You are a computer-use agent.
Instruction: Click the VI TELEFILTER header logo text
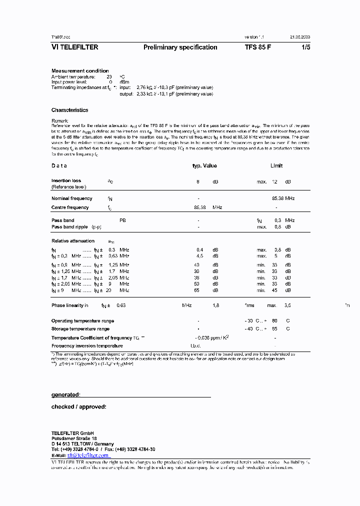(x=75, y=47)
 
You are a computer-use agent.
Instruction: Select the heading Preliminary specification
(x=180, y=47)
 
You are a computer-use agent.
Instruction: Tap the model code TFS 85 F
(x=258, y=47)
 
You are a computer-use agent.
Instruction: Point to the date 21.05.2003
(x=300, y=37)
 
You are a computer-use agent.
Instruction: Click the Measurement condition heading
(x=80, y=71)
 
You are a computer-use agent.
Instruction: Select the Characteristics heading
(x=69, y=110)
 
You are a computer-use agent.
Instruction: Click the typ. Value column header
(x=204, y=166)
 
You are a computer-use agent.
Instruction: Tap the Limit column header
(x=276, y=166)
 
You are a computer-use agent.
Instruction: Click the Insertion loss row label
(x=66, y=181)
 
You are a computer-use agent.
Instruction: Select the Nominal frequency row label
(x=71, y=198)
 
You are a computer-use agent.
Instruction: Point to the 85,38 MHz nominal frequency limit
(x=283, y=198)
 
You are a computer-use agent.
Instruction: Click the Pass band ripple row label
(x=70, y=227)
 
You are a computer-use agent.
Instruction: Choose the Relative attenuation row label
(x=73, y=241)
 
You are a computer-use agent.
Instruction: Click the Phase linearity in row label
(x=70, y=305)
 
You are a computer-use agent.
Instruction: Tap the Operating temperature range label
(x=82, y=320)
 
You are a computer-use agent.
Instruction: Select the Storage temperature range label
(x=80, y=329)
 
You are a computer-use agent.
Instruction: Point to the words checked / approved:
(x=78, y=407)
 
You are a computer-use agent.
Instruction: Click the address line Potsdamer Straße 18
(x=73, y=438)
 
